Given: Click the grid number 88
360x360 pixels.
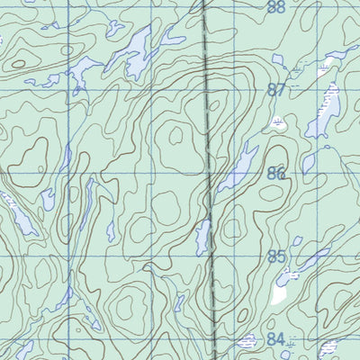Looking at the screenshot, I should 275,7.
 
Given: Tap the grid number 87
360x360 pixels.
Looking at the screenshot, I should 276,90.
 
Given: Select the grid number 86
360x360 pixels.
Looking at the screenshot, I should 276,174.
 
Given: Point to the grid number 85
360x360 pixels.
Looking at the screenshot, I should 276,257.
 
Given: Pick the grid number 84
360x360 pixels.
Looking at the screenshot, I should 276,339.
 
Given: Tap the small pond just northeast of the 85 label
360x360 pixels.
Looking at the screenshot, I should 297,242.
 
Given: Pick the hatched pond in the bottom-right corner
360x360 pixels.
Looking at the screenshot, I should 329,348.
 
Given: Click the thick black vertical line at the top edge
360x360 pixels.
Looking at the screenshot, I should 204,4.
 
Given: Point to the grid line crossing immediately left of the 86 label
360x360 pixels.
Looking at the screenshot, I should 233,174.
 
